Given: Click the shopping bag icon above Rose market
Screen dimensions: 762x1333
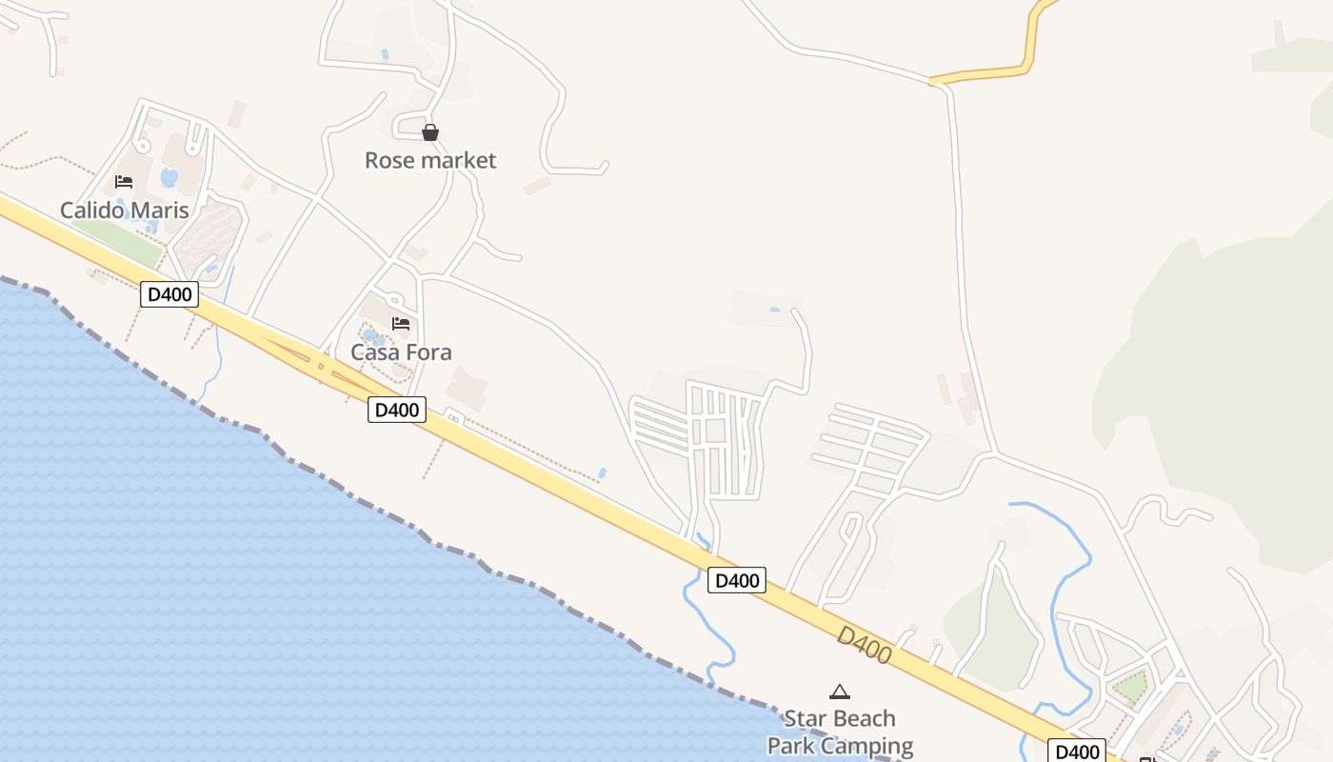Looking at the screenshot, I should (430, 132).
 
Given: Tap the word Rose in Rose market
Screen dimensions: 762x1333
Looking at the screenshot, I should (389, 160).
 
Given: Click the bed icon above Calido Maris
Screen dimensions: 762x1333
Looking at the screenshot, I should (124, 182).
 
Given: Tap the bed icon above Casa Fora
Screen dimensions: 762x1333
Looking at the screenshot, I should (401, 324).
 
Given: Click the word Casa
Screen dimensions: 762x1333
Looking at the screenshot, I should (374, 352).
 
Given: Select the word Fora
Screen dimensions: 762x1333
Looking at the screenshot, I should (428, 352).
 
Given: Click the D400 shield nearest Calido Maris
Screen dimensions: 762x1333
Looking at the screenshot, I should (169, 294).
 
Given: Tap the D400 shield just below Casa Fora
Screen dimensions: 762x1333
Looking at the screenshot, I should (397, 411).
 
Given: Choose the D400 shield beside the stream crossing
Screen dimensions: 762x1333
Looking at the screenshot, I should (737, 580).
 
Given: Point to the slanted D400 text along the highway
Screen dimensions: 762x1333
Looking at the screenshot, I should (865, 646).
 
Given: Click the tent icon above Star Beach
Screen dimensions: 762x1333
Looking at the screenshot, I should (839, 692).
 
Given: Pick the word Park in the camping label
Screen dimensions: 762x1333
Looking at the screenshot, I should (790, 746).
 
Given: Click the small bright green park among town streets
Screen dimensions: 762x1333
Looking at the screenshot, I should (1130, 686).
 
